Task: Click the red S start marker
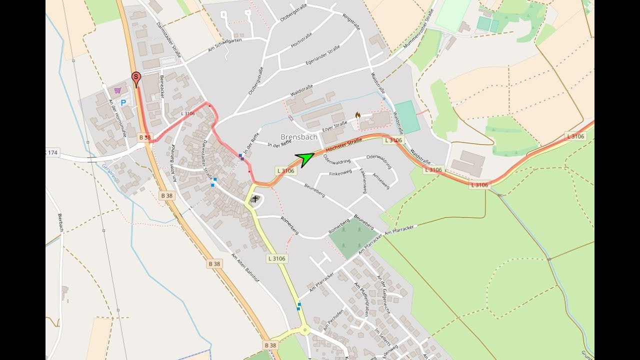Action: pyautogui.click(x=136, y=77)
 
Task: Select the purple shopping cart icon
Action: pyautogui.click(x=117, y=90)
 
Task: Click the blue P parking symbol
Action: pyautogui.click(x=123, y=102)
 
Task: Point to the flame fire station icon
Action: pyautogui.click(x=358, y=115)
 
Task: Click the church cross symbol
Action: pyautogui.click(x=255, y=198)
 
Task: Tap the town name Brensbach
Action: pyautogui.click(x=299, y=137)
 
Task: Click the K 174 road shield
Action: pyautogui.click(x=51, y=152)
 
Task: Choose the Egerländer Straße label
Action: pyautogui.click(x=322, y=55)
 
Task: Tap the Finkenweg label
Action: pyautogui.click(x=340, y=172)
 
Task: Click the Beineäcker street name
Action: pyautogui.click(x=161, y=85)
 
